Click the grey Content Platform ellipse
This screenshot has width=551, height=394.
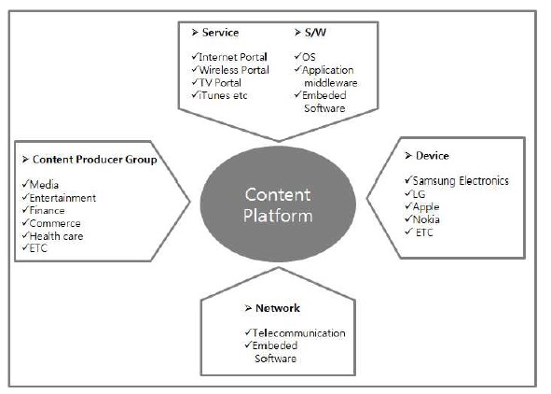(x=278, y=204)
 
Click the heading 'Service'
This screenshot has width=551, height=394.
(x=220, y=33)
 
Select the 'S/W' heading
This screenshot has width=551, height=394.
(x=315, y=33)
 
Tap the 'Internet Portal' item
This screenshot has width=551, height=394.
(x=233, y=57)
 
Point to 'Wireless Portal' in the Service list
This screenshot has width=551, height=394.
(x=234, y=70)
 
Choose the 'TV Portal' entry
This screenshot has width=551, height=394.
(x=220, y=83)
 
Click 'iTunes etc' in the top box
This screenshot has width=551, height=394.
(x=223, y=95)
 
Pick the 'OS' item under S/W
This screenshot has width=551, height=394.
(x=309, y=57)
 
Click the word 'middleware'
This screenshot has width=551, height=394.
(x=331, y=83)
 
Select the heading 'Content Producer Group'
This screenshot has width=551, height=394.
(x=94, y=160)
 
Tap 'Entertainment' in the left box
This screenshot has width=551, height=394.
(x=62, y=198)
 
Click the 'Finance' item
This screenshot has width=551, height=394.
(x=48, y=211)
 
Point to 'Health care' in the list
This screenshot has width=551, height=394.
(x=56, y=236)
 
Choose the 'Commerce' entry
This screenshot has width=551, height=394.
(x=55, y=223)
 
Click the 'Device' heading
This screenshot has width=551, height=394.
(x=433, y=156)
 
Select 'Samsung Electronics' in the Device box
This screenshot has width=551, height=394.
(x=461, y=181)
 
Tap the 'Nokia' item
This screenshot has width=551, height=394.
(x=426, y=219)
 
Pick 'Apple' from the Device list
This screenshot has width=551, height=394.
(x=426, y=207)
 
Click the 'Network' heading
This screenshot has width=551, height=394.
(x=278, y=308)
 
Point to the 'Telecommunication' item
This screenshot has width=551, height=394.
(x=298, y=333)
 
